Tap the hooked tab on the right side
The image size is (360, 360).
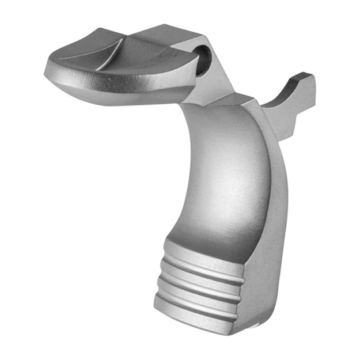tap(294, 98)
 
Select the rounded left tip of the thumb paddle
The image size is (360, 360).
tap(51, 70)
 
